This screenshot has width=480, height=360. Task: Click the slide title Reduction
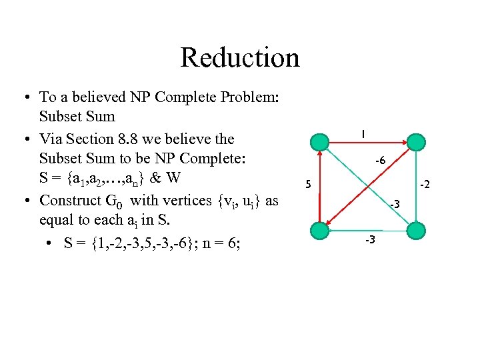pyautogui.click(x=239, y=57)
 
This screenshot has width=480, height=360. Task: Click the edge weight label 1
pyautogui.click(x=362, y=134)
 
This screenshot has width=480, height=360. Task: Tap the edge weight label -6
pyautogui.click(x=380, y=161)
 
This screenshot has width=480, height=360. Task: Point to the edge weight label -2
pyautogui.click(x=425, y=183)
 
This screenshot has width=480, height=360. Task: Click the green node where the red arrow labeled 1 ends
pyautogui.click(x=415, y=143)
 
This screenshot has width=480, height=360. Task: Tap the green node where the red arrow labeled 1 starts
pyautogui.click(x=321, y=143)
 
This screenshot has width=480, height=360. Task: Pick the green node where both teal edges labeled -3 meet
pyautogui.click(x=415, y=230)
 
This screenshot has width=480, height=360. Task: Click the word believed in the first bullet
pyautogui.click(x=93, y=97)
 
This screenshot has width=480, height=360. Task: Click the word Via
pyautogui.click(x=51, y=139)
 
